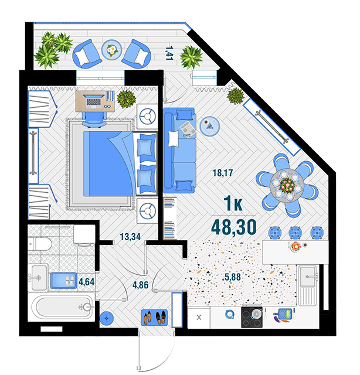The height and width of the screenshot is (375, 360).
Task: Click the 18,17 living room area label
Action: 223,173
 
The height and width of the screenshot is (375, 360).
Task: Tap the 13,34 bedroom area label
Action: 130,237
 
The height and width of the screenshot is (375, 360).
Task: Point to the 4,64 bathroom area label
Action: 86,282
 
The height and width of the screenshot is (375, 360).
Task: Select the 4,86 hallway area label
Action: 141,285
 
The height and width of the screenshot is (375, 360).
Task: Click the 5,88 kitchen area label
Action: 233,277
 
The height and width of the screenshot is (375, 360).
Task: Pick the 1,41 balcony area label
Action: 169,53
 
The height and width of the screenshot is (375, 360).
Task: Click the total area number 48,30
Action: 234,227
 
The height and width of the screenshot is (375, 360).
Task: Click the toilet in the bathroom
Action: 39,244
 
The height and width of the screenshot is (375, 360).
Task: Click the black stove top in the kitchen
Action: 252,317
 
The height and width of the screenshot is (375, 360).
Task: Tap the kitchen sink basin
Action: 308,277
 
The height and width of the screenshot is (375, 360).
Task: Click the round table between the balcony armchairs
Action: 111,50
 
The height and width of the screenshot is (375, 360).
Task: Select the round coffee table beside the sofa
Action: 210,126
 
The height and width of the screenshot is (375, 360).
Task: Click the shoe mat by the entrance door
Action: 154,318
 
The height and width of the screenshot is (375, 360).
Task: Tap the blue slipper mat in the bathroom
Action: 64,281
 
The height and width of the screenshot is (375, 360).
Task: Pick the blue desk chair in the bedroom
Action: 94,119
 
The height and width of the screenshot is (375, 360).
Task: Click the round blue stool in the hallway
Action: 107,318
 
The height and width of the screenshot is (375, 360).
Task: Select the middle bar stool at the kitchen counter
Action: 296,233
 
